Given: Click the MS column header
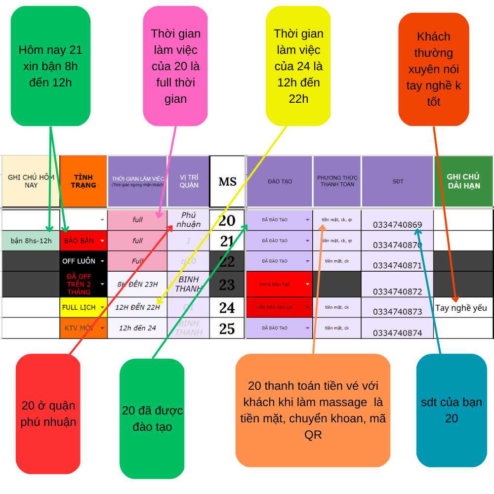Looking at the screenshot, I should coord(227,181).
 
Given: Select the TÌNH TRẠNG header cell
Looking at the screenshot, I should coord(83,181).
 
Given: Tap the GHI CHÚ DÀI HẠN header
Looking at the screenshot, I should coord(463,181).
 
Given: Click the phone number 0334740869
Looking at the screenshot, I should coord(397,224).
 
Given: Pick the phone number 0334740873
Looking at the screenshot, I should coord(397,312).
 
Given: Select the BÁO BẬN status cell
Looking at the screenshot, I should coord(82,241).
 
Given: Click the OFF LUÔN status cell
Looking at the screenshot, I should coord(82,261).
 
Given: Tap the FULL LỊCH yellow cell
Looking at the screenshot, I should coord(82,307).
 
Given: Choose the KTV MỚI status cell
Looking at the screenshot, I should coord(82,328).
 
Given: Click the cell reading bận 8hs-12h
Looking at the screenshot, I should coord(31,241).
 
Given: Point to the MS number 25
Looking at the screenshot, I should coord(227,328).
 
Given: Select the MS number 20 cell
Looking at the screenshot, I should coord(227,220).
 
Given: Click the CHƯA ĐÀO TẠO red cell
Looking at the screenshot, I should coord(279,284).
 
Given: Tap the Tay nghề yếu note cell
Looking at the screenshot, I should coord(461,308).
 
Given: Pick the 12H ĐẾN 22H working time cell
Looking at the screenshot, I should coord(137,307).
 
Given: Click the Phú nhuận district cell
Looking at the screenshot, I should coord(188,220).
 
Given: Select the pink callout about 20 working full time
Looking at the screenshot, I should coord(175,66).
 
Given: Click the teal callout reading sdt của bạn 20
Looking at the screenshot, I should coord(451,410).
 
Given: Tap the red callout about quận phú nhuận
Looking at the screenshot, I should coord(48,413).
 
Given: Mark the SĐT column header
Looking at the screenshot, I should coord(398,181).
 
